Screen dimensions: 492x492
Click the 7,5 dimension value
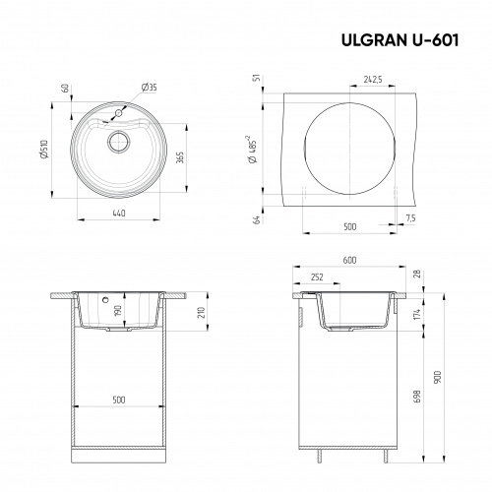point(410,216)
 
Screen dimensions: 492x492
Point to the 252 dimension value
point(318,277)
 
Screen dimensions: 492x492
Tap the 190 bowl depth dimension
point(118,312)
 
